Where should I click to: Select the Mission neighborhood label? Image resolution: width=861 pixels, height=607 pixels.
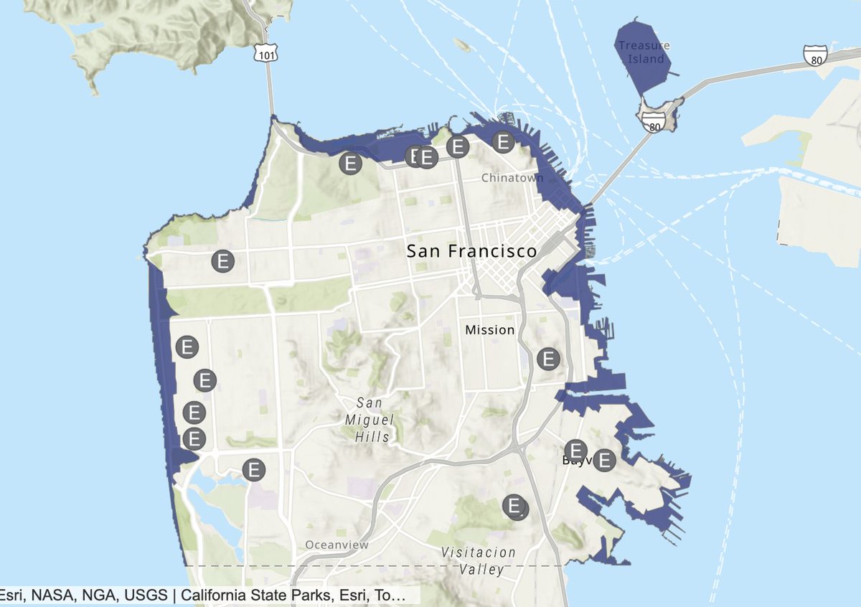pyautogui.click(x=489, y=330)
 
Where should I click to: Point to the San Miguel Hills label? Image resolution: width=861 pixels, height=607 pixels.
pyautogui.click(x=372, y=420)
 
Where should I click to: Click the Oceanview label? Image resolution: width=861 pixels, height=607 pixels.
pyautogui.click(x=337, y=545)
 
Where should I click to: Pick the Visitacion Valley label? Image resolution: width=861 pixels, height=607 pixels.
pyautogui.click(x=479, y=561)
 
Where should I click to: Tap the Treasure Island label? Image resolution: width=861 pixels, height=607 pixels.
pyautogui.click(x=644, y=52)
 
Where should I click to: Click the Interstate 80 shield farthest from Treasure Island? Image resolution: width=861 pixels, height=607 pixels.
pyautogui.click(x=815, y=56)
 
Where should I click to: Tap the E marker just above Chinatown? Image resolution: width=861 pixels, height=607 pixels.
pyautogui.click(x=504, y=142)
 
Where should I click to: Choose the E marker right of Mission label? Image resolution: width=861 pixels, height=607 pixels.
pyautogui.click(x=549, y=358)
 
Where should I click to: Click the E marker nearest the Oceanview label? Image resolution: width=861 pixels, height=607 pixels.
pyautogui.click(x=254, y=470)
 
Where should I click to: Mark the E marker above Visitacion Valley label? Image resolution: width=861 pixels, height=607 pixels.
pyautogui.click(x=514, y=506)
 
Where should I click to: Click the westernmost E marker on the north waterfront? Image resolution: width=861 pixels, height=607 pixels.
pyautogui.click(x=350, y=163)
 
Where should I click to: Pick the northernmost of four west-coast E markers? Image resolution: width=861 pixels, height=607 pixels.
pyautogui.click(x=187, y=347)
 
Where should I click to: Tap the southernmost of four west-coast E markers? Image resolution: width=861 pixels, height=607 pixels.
pyautogui.click(x=194, y=438)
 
